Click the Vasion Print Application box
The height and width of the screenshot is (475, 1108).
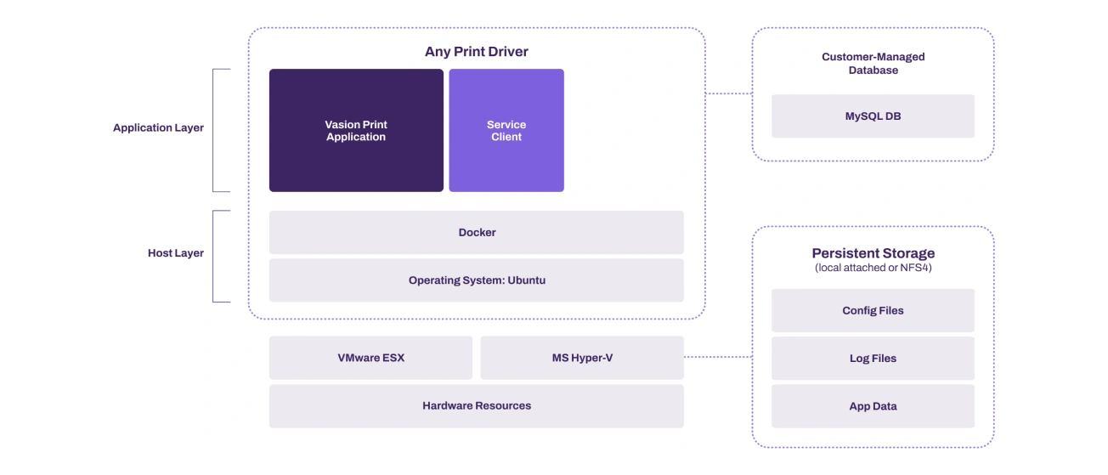[356, 130]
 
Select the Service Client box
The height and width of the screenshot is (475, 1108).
[506, 130]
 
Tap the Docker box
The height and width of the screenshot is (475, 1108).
[477, 232]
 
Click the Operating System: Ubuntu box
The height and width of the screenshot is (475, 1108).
[477, 280]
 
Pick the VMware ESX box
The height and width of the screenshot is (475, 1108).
[371, 358]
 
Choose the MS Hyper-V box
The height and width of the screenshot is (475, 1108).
[582, 358]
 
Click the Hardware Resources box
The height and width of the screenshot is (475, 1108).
[477, 405]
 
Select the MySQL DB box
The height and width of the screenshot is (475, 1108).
[873, 116]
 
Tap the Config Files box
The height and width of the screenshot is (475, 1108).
[873, 310]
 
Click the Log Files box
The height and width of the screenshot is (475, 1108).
[873, 359]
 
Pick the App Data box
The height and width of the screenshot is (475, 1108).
[873, 406]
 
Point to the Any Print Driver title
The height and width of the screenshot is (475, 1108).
[477, 52]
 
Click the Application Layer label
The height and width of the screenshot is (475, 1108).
[158, 127]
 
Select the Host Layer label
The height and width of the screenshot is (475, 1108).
[176, 253]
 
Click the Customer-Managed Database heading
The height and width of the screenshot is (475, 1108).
[873, 64]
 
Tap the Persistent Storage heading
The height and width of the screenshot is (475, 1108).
[873, 253]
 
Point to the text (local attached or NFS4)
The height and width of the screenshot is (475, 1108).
[873, 268]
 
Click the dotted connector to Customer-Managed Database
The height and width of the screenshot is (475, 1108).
[728, 93]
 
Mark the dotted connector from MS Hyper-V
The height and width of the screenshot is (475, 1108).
[718, 356]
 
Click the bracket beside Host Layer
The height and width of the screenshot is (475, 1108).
[213, 257]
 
